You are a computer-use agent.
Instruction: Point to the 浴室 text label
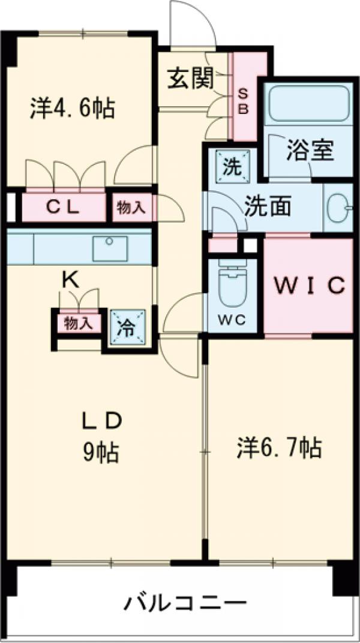click(310, 151)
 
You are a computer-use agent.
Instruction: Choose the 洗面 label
click(267, 206)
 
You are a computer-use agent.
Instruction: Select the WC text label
click(232, 320)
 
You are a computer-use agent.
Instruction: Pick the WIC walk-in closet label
click(309, 285)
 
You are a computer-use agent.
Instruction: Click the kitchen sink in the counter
click(109, 247)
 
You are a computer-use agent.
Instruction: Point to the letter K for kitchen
click(71, 278)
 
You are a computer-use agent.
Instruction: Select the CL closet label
click(63, 208)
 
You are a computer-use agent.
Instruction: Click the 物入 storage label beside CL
click(131, 208)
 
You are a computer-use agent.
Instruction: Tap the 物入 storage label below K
click(78, 324)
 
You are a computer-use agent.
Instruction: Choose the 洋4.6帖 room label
click(72, 108)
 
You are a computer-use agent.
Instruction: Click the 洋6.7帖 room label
click(277, 447)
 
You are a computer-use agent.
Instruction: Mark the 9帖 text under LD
click(101, 453)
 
